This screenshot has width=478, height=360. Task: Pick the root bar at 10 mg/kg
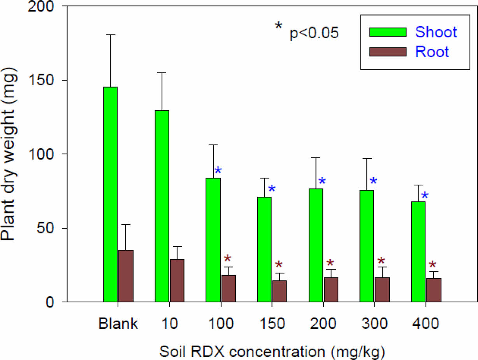click(x=177, y=280)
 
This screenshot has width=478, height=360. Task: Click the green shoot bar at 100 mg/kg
click(x=213, y=240)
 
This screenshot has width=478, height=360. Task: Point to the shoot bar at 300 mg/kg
click(x=367, y=246)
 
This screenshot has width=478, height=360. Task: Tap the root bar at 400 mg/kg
click(x=434, y=290)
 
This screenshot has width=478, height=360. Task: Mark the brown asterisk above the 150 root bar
click(x=279, y=265)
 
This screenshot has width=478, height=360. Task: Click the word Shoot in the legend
click(x=436, y=32)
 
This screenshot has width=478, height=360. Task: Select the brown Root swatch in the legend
click(x=388, y=52)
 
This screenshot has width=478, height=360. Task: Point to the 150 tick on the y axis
click(x=62, y=80)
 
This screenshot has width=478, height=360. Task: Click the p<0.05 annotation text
click(x=314, y=34)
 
